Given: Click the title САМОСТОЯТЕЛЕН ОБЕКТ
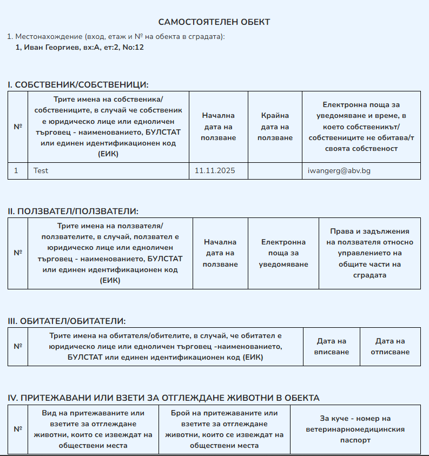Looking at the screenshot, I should (x=214, y=22).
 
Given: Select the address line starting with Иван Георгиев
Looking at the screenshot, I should (x=80, y=47).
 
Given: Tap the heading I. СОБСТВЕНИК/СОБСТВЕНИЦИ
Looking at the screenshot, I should (x=78, y=85).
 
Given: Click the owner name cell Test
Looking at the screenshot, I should (x=41, y=170).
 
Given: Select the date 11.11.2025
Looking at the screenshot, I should (x=215, y=170).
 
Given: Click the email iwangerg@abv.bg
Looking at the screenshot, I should (x=339, y=170).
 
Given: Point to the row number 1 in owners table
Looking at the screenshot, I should (x=16, y=170).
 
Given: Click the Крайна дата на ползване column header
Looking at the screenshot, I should (x=275, y=127).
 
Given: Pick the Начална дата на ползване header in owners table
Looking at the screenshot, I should (x=218, y=127).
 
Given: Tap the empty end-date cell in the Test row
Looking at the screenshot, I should (x=275, y=170).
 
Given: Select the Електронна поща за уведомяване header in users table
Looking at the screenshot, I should (x=283, y=253).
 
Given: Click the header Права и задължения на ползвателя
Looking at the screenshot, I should (x=369, y=253).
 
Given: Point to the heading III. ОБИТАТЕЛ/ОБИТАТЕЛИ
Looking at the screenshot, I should (x=67, y=321).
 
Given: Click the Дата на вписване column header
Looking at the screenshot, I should (x=331, y=347).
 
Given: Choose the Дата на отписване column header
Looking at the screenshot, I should (x=390, y=347).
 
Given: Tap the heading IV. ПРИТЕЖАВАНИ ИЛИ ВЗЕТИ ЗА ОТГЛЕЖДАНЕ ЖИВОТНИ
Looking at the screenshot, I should (x=163, y=398).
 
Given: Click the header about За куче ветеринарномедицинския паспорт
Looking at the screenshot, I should (x=355, y=429).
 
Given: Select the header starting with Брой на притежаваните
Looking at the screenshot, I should (x=225, y=429).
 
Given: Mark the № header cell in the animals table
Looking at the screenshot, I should (x=18, y=429).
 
